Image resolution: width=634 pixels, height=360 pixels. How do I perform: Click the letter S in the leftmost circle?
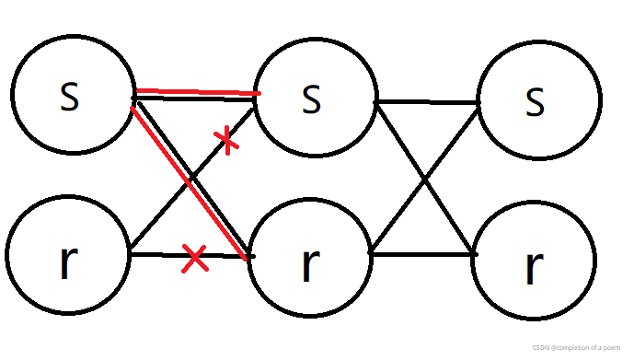tap(69, 96)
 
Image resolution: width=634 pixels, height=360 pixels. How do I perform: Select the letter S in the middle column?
tap(312, 99)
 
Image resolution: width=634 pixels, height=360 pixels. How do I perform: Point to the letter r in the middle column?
tap(309, 265)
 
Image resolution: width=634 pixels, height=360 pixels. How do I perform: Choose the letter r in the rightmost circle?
tap(533, 266)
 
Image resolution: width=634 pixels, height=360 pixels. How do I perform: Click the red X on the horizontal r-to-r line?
tap(193, 259)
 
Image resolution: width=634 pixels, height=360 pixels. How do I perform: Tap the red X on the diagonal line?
tap(225, 139)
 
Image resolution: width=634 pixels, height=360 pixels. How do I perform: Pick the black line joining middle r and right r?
tap(421, 252)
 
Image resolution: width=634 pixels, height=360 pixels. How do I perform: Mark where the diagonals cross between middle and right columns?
tap(425, 177)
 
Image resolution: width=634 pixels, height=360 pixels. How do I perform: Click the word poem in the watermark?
tap(615, 347)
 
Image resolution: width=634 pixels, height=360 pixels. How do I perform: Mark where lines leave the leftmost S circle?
tap(134, 96)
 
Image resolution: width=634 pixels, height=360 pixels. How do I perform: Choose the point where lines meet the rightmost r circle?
tap(475, 253)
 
